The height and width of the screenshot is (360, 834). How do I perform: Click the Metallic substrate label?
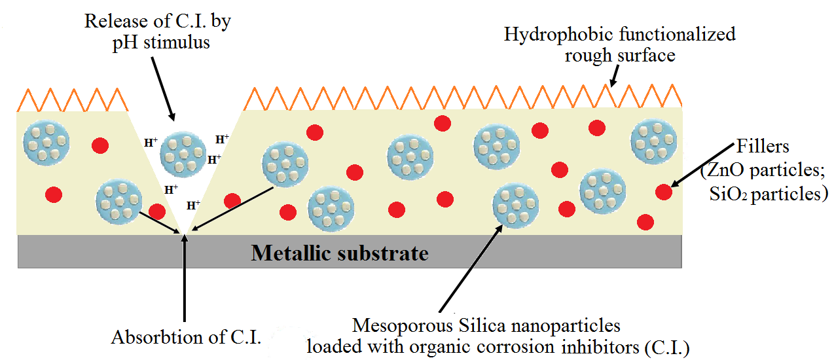click(x=340, y=253)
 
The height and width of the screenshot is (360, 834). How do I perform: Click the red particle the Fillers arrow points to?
click(x=663, y=192)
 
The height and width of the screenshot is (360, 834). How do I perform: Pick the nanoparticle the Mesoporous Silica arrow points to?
click(x=515, y=206)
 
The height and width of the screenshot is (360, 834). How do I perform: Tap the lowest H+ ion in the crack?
click(x=193, y=205)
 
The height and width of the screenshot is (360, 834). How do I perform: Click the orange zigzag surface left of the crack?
click(x=72, y=100)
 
